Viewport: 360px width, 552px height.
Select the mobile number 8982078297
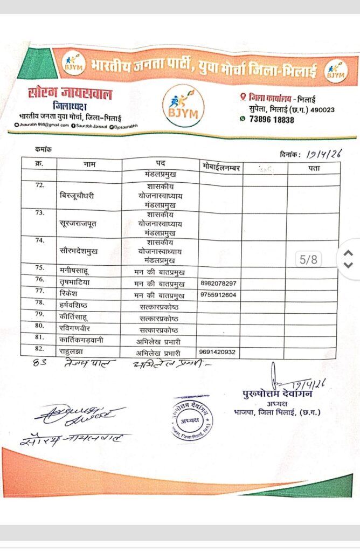pos(218,284)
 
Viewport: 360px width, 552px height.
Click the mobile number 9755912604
pos(218,295)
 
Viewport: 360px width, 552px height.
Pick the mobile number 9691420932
pos(218,353)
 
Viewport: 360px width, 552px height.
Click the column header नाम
pos(90,163)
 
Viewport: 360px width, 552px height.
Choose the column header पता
pos(314,168)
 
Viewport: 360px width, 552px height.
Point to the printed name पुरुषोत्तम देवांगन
pos(277,394)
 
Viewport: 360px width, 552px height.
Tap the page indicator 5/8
pos(309,259)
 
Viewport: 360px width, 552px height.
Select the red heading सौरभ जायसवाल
pos(70,93)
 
